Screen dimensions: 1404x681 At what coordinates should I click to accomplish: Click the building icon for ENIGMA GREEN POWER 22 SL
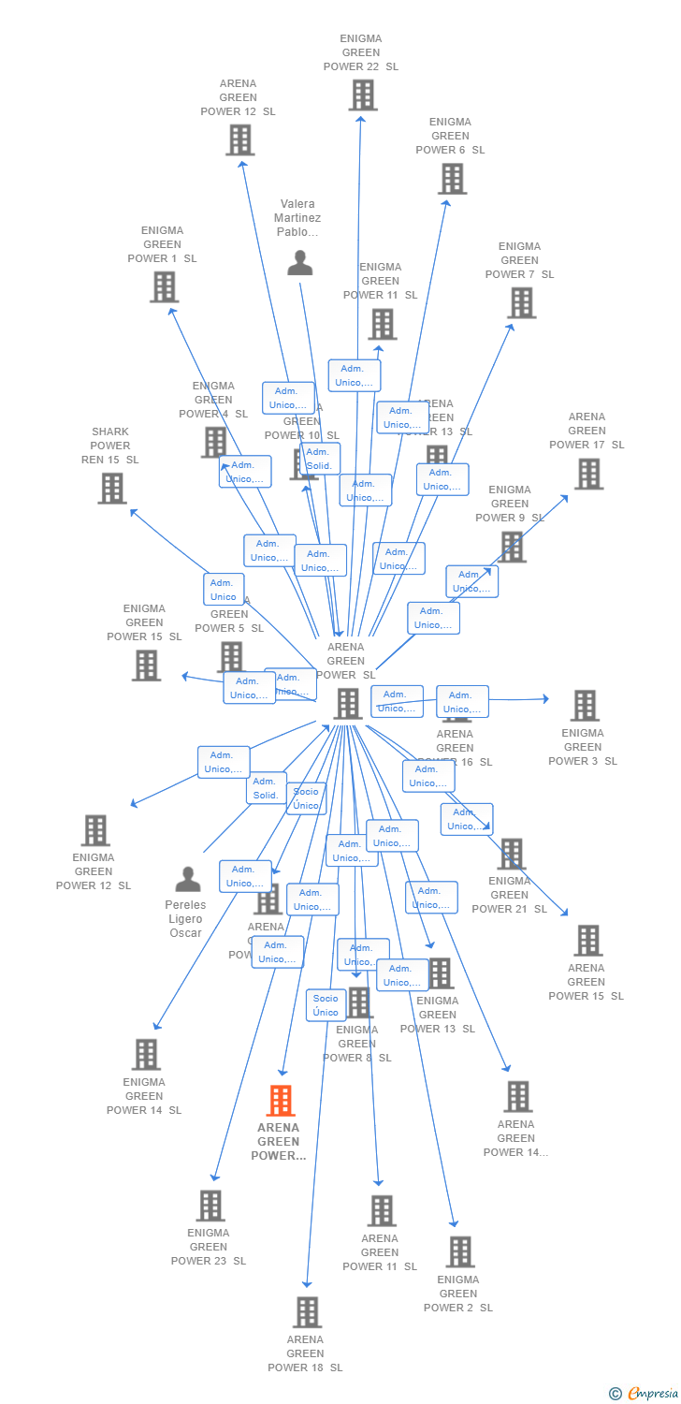tap(362, 95)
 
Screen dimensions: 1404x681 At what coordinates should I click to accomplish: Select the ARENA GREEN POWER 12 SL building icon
tap(240, 139)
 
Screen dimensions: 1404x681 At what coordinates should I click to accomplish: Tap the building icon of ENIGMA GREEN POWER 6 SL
tap(452, 178)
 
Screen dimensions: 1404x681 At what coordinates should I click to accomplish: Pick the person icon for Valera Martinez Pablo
tap(299, 263)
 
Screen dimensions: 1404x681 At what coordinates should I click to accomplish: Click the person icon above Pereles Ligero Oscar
tap(188, 880)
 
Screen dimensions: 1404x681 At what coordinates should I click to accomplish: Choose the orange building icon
tap(281, 1101)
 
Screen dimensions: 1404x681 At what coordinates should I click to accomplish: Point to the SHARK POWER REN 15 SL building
tap(112, 488)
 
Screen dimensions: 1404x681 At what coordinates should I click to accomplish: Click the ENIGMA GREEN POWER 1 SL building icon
tap(164, 286)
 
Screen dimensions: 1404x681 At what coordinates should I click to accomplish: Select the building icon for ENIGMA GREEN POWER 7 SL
tap(521, 302)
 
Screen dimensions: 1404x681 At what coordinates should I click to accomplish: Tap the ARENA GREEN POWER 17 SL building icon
tap(588, 474)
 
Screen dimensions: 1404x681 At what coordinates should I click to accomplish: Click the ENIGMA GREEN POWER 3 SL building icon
tap(585, 706)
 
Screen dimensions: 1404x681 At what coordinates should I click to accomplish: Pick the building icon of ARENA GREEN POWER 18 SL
tap(307, 1312)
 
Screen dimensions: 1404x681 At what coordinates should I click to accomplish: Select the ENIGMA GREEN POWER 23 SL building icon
tap(210, 1206)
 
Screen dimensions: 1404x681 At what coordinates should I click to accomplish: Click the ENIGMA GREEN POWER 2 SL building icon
tap(459, 1251)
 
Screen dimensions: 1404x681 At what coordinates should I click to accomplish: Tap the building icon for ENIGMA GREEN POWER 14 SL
tap(146, 1055)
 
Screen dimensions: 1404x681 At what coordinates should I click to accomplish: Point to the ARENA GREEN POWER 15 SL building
tap(587, 941)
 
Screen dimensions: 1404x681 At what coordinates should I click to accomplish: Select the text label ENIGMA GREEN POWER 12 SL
tap(94, 871)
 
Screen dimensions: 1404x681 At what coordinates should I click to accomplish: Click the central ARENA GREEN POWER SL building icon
tap(348, 703)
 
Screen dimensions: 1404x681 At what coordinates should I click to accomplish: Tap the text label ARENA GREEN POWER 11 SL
tap(380, 1252)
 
